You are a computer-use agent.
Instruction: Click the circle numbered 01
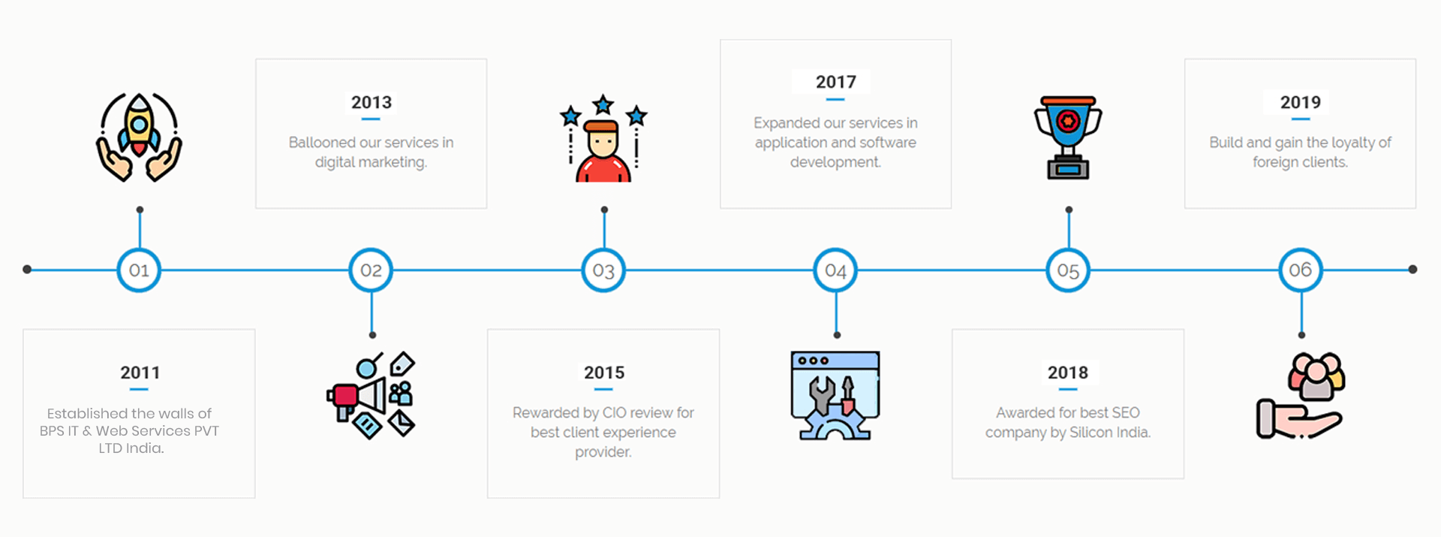tap(139, 270)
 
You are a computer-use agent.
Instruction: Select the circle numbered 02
tap(371, 270)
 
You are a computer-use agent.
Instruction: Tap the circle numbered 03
tap(603, 270)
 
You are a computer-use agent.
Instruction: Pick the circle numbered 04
tap(835, 270)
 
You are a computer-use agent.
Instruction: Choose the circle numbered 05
tap(1068, 270)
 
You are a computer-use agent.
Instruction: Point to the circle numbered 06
tap(1301, 270)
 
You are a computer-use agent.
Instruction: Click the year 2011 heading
tap(140, 373)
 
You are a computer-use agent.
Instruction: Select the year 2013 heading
tap(372, 102)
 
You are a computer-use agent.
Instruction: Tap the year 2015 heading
tap(604, 373)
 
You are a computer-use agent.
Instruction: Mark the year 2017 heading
tap(835, 82)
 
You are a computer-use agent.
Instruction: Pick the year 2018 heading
tap(1068, 373)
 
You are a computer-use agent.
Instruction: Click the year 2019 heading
tap(1300, 102)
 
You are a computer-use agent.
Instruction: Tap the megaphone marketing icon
tap(371, 395)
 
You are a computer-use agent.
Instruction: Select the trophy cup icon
tap(1068, 137)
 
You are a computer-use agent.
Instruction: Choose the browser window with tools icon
tap(835, 395)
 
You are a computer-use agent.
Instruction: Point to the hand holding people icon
tap(1301, 395)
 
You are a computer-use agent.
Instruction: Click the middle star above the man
tap(603, 104)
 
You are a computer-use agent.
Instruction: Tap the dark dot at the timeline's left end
tap(27, 269)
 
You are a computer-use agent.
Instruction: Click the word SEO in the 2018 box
tap(1125, 412)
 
